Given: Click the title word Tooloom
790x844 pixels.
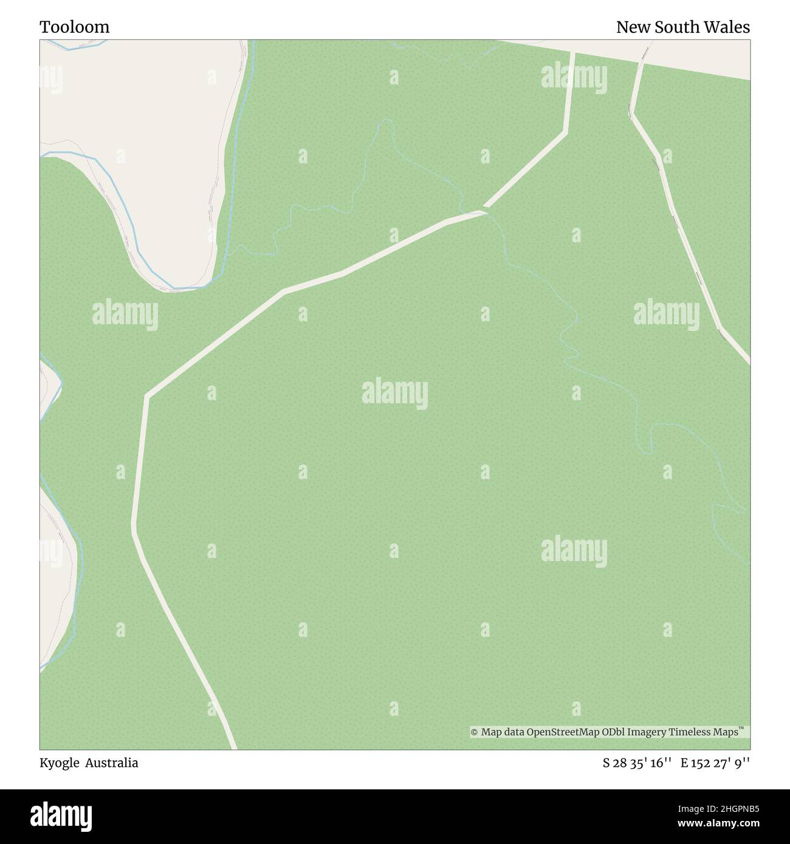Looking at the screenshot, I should [75, 27].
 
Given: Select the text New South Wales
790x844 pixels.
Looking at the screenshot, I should [682, 27].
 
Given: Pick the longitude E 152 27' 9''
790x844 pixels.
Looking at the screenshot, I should [715, 763].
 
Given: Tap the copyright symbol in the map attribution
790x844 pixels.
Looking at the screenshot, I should [475, 732].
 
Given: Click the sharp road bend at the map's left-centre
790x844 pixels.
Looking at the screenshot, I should [146, 396].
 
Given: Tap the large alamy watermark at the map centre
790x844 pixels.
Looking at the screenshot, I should [395, 393].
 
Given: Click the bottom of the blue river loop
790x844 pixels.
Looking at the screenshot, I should [176, 288].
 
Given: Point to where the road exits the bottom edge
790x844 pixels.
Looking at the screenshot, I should [233, 747].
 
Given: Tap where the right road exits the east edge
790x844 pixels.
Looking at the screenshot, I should [747, 362].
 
